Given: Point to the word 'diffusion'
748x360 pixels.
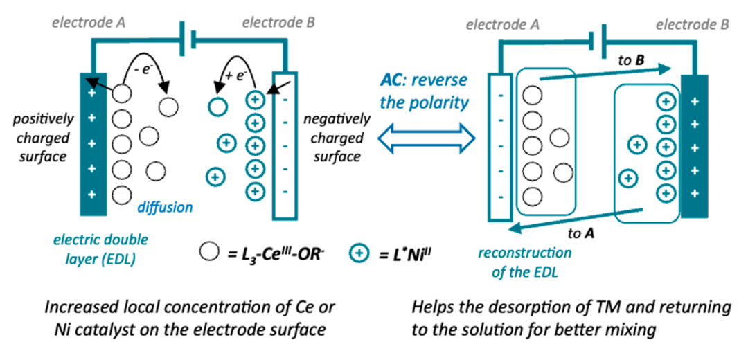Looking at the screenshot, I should tap(164, 206).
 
